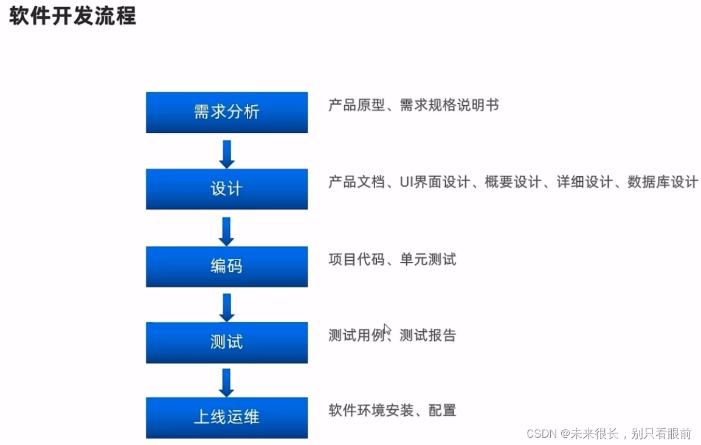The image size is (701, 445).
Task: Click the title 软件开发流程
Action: tap(72, 16)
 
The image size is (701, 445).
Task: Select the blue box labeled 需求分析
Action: tap(226, 112)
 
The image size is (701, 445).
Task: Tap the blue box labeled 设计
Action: tap(226, 188)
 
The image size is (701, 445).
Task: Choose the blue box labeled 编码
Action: tap(226, 266)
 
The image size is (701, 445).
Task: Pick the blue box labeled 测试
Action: tap(226, 342)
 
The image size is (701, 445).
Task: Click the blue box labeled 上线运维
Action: tap(226, 417)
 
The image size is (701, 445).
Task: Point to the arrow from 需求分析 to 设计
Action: tap(227, 153)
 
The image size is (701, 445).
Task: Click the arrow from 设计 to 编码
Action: tap(227, 230)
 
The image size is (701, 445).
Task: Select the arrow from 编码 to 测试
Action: tap(227, 307)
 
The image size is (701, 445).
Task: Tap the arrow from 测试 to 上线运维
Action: tap(227, 382)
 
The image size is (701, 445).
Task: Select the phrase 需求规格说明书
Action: tap(449, 105)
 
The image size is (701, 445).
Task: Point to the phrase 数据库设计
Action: tap(663, 182)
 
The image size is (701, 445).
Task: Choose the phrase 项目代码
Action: tap(357, 260)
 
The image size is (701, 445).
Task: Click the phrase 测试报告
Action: tap(427, 335)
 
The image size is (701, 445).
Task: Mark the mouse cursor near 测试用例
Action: tap(387, 329)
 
